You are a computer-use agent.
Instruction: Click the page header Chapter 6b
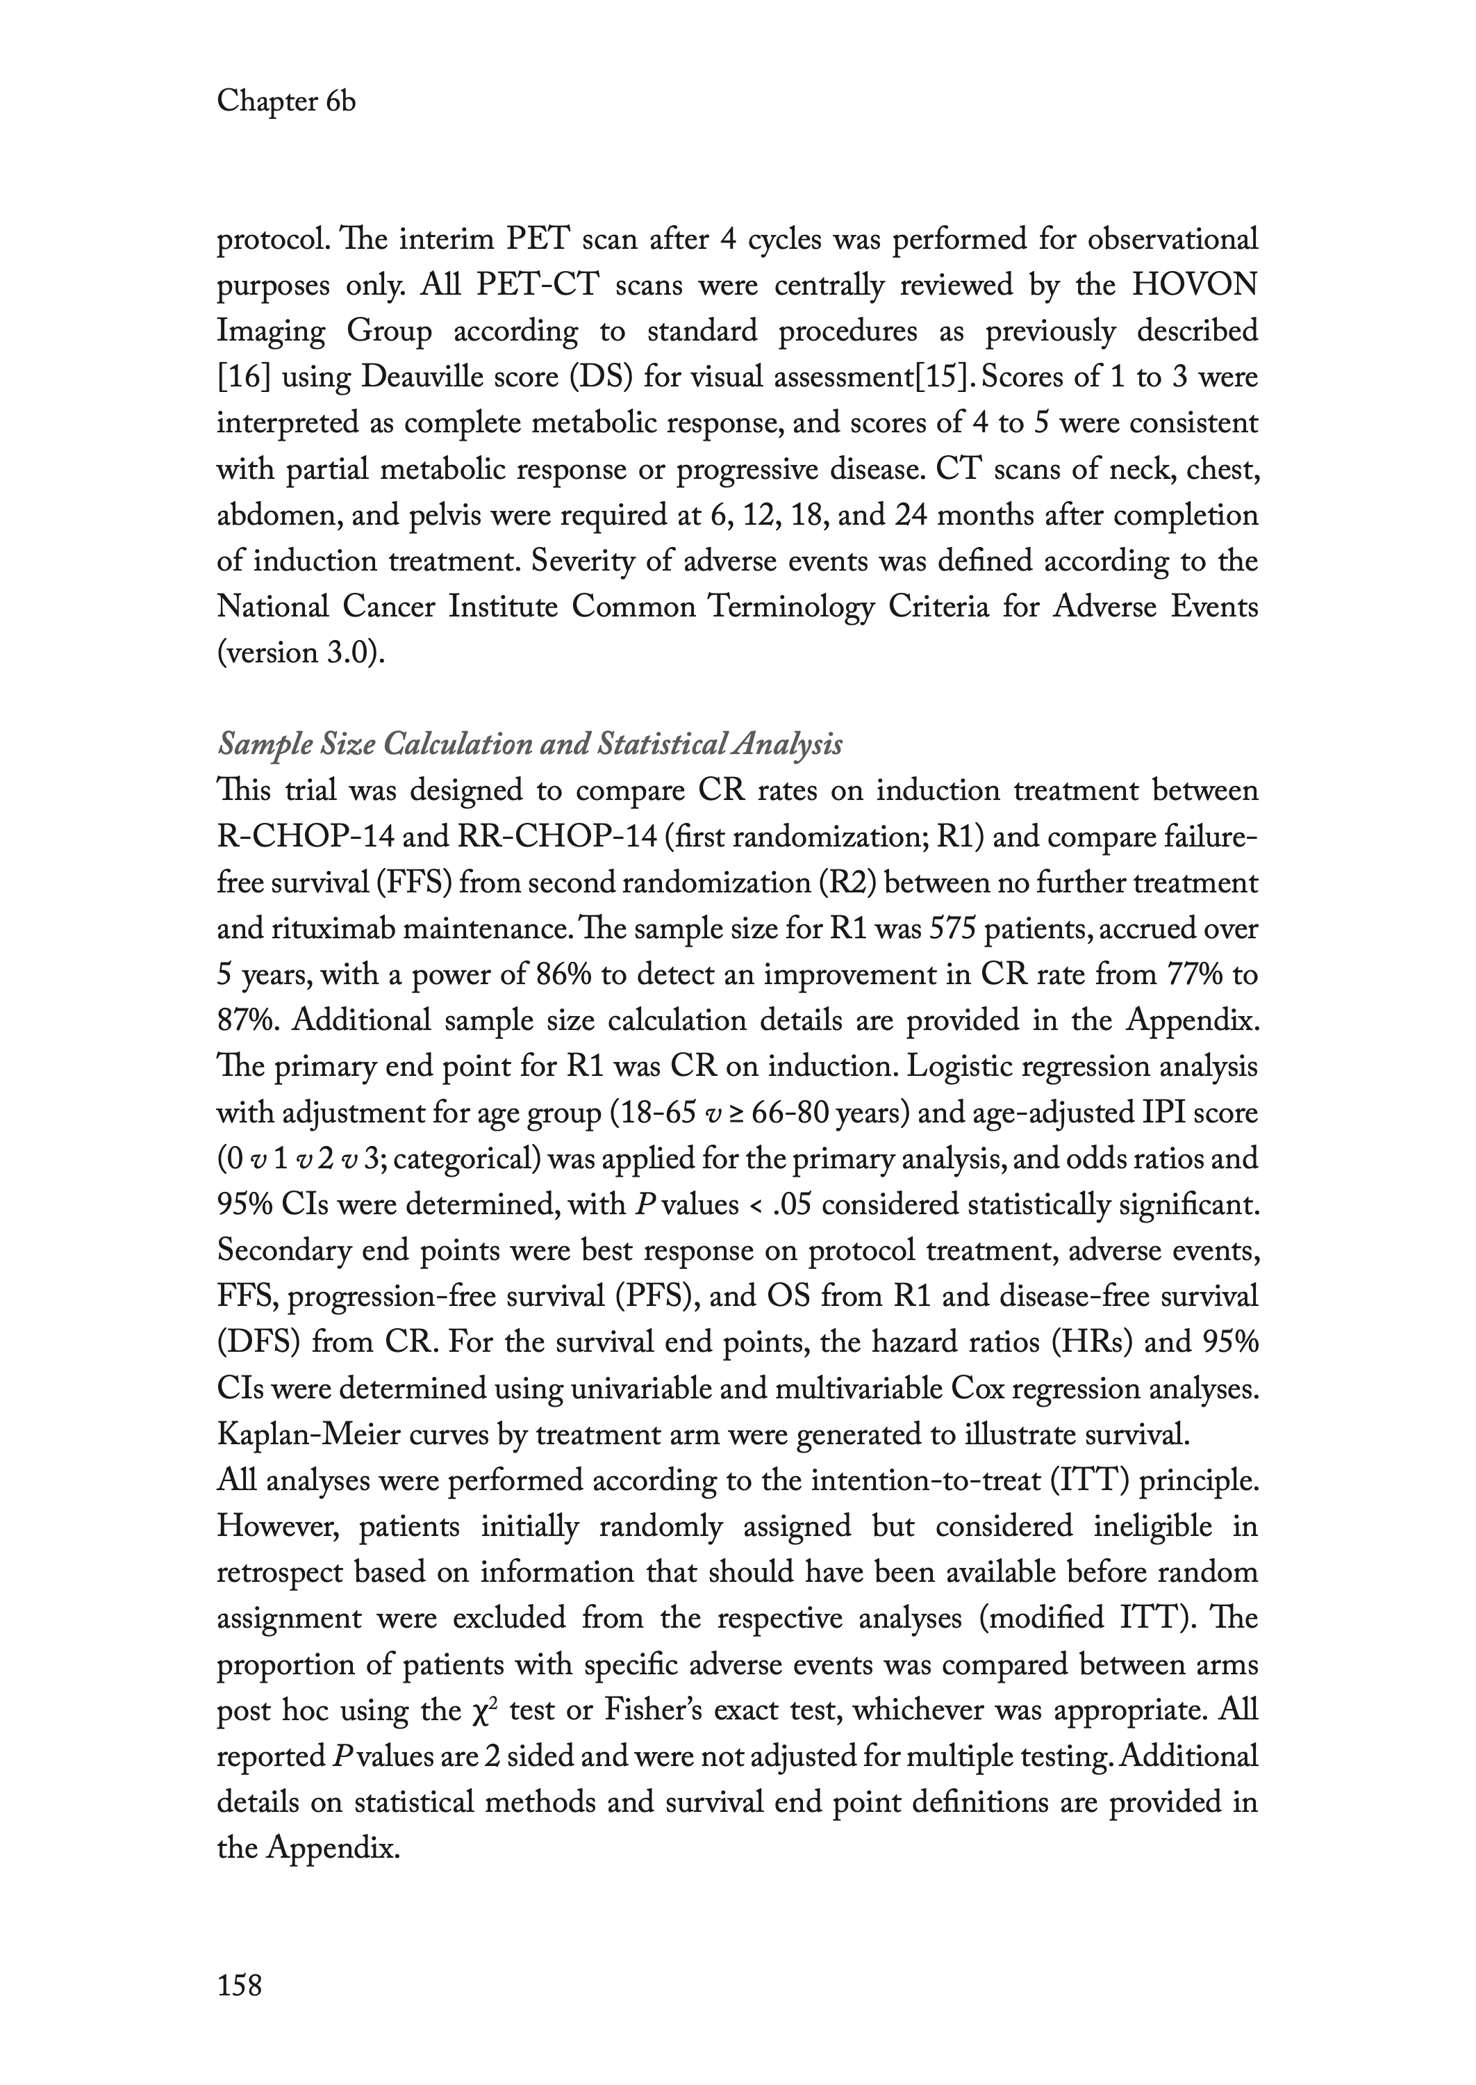coord(285,102)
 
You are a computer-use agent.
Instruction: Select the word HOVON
coord(1194,285)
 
